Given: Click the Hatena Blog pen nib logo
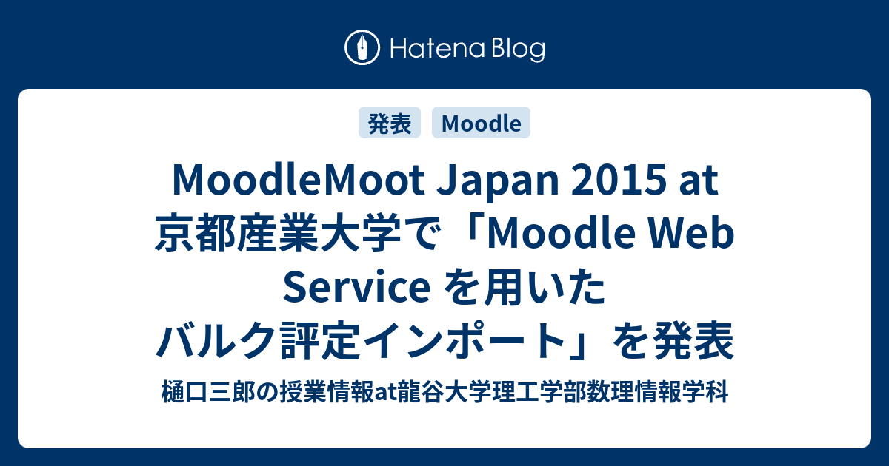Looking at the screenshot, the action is pos(362,47).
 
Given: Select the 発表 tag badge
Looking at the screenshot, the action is pos(390,123).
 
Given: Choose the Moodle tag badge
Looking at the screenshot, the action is pos(481,123).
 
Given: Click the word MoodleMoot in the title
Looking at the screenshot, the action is pos(299,180).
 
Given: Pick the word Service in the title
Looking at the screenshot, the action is pos(356,288).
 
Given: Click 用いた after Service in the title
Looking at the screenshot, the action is pos(539,288).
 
